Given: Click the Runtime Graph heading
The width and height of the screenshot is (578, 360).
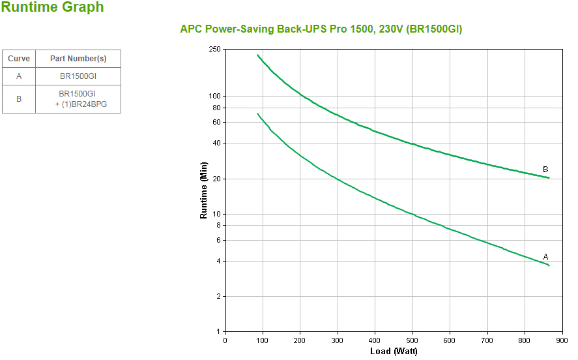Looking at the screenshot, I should pyautogui.click(x=52, y=8).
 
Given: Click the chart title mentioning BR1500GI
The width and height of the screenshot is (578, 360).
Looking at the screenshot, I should pyautogui.click(x=321, y=29).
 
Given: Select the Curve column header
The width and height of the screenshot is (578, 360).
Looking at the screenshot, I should pyautogui.click(x=19, y=59).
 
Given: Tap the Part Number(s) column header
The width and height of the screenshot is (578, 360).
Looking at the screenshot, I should pyautogui.click(x=78, y=59).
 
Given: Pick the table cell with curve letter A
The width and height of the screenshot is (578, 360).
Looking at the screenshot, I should pyautogui.click(x=19, y=76).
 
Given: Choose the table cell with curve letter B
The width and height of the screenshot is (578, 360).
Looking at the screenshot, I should pyautogui.click(x=19, y=99).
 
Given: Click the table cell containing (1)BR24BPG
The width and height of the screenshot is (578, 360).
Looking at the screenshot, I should pyautogui.click(x=78, y=99).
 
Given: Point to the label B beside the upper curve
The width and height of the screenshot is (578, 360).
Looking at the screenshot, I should pyautogui.click(x=545, y=170).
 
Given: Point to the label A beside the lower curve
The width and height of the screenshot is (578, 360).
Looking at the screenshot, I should pyautogui.click(x=545, y=257).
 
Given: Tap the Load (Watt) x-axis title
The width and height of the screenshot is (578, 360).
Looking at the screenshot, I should pyautogui.click(x=394, y=352).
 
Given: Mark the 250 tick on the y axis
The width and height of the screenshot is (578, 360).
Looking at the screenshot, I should pyautogui.click(x=215, y=50).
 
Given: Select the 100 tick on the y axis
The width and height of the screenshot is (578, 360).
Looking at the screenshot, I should pyautogui.click(x=215, y=96).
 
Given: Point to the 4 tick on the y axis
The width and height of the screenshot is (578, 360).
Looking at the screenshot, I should pyautogui.click(x=219, y=262).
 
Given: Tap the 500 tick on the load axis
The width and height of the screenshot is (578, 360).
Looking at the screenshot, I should pyautogui.click(x=412, y=340).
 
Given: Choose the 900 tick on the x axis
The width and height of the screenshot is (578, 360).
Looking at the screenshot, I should pyautogui.click(x=562, y=340).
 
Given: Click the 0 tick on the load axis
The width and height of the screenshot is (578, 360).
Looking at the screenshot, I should pyautogui.click(x=225, y=340).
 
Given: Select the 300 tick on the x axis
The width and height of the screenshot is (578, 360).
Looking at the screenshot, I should pyautogui.click(x=338, y=340).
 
